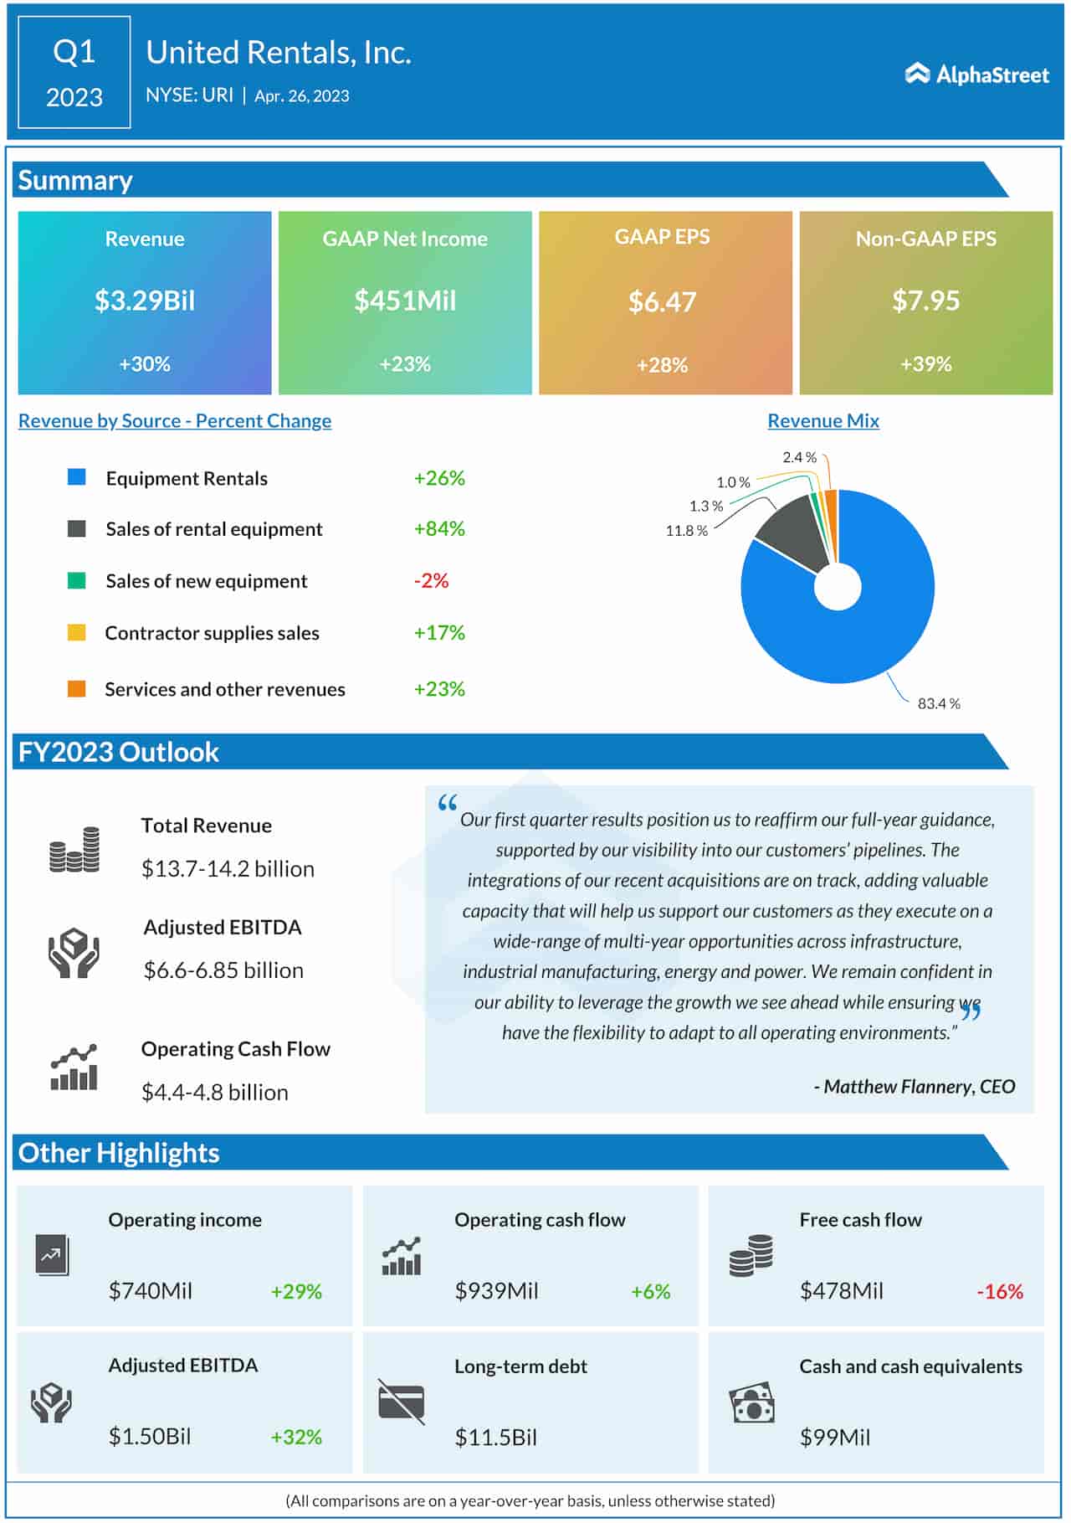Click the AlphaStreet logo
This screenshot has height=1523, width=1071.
tap(976, 75)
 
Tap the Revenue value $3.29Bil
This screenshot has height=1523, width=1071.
tap(145, 301)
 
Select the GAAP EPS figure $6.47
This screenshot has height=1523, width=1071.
tap(662, 301)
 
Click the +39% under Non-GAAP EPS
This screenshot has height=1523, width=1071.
tap(925, 364)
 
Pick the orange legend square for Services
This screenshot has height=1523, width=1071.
tap(76, 689)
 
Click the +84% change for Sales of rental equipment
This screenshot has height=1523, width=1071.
tap(439, 528)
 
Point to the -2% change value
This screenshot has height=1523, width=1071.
tap(431, 580)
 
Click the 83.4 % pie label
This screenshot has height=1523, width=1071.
tap(938, 703)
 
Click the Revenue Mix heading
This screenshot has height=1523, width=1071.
tap(823, 421)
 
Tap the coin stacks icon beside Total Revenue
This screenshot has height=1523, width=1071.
tap(74, 850)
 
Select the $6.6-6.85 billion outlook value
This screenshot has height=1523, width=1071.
tap(223, 970)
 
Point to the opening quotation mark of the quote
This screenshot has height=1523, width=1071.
tap(448, 804)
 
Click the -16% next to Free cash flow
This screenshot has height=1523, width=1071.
tap(1000, 1291)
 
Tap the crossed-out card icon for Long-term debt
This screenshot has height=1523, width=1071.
tap(401, 1402)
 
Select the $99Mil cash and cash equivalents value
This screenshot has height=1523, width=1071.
tap(835, 1438)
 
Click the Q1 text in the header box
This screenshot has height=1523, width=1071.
tap(74, 52)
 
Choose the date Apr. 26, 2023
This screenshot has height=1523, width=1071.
tap(302, 95)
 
